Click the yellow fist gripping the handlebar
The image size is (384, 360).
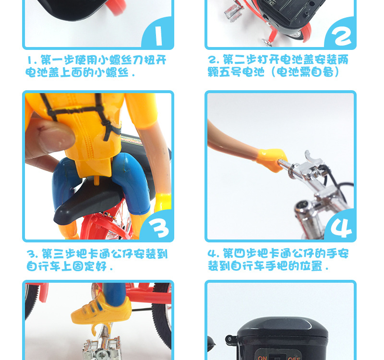(x=272, y=159)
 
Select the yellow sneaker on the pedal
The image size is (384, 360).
(x=101, y=309)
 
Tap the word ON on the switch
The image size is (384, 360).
(x=262, y=358)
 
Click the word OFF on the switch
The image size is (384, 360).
(x=294, y=358)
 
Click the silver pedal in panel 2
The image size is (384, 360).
(x=233, y=12)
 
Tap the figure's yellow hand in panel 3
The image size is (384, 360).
(x=162, y=202)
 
